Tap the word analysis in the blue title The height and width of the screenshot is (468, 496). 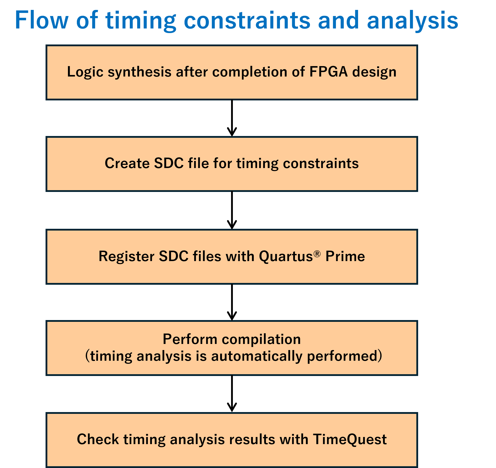pos(413,22)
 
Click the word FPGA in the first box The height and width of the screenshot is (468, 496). pos(328,72)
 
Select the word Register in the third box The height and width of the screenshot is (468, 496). pos(126,256)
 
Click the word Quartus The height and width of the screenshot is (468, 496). pos(286,256)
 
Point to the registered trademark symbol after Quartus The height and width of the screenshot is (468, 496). pos(317,254)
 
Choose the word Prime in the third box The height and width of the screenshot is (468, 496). pos(345,256)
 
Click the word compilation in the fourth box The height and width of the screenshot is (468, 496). pos(261,339)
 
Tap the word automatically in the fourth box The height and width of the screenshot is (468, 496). pos(257,356)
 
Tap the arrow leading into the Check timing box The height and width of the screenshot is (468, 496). pos(232,394)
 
